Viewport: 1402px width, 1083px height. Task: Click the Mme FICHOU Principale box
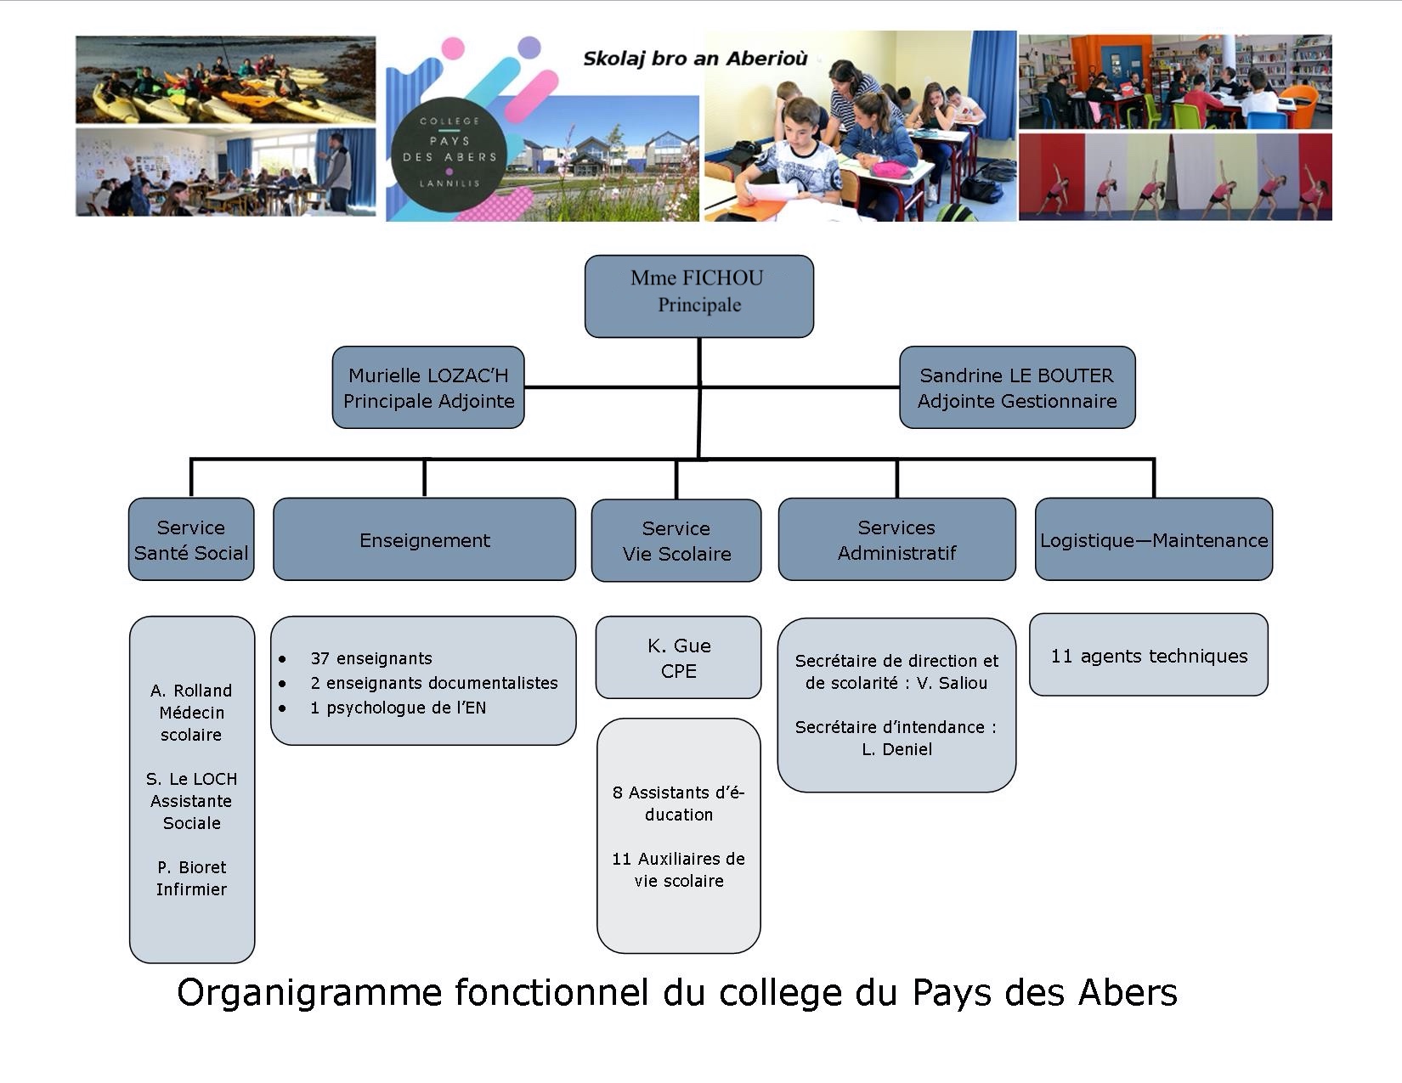coord(698,296)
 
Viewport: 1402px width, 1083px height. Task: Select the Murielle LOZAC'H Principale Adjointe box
coord(427,387)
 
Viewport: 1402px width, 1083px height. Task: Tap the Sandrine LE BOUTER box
coord(1017,387)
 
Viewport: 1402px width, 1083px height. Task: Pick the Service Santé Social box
coord(191,539)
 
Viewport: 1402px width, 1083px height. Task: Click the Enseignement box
coord(424,539)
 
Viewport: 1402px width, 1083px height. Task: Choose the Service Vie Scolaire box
coord(676,540)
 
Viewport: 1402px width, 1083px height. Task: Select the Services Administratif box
coord(896,539)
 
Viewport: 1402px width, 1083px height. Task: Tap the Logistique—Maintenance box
coord(1154,539)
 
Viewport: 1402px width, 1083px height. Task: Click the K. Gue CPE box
coord(678,657)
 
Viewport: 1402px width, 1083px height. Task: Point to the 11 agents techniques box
coord(1149,655)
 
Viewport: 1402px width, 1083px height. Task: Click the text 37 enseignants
coord(371,658)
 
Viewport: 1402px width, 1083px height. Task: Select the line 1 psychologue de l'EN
coord(398,708)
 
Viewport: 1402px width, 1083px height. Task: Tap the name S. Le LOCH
coord(192,779)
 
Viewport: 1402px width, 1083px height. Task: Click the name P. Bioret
coord(192,867)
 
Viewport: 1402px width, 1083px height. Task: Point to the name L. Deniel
coord(896,749)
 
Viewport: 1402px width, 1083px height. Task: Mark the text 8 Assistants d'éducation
coord(679,803)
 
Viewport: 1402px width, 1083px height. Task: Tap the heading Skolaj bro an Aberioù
coord(695,59)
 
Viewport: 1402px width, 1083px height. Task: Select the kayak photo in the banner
coord(225,79)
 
